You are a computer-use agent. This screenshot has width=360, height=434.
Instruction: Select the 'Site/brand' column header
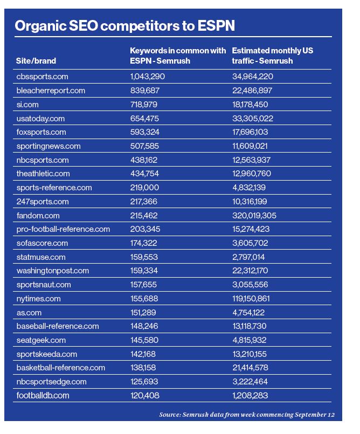[x=36, y=61]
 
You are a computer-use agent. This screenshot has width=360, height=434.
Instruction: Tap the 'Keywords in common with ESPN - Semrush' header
[x=178, y=56]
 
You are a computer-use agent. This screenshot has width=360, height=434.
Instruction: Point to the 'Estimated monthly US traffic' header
[x=272, y=56]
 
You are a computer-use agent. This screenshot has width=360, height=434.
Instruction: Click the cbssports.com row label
[x=42, y=77]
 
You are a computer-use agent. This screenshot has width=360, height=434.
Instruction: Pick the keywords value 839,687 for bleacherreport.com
[x=145, y=91]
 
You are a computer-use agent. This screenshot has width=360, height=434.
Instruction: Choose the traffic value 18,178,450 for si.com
[x=250, y=105]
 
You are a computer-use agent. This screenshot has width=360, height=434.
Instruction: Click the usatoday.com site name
[x=40, y=119]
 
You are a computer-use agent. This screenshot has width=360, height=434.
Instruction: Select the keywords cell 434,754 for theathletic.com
[x=145, y=174]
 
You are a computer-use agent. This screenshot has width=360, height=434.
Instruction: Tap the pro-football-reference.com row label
[x=63, y=229]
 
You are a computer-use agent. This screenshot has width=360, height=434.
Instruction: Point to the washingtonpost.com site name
[x=52, y=271]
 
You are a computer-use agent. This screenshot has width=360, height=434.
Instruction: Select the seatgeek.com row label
[x=41, y=340]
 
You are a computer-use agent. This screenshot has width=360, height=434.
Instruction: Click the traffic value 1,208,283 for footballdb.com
[x=250, y=395]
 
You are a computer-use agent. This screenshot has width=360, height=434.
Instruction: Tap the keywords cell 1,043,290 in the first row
[x=147, y=77]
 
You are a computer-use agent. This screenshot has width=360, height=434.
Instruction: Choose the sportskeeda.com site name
[x=46, y=354]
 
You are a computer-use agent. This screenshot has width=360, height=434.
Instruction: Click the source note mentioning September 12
[x=247, y=415]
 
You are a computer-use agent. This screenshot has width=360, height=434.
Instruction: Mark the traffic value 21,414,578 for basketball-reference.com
[x=252, y=368]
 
